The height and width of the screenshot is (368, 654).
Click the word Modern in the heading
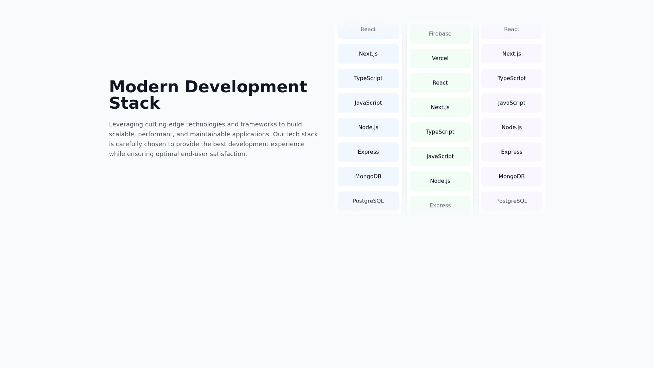(x=144, y=87)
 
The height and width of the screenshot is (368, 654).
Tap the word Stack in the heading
(x=135, y=103)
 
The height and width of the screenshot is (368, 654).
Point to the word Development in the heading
(x=246, y=87)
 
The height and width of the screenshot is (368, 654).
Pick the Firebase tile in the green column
(x=440, y=34)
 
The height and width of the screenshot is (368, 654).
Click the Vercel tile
(x=440, y=58)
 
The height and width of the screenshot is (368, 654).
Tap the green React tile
(x=440, y=83)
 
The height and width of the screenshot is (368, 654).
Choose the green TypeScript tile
(x=440, y=132)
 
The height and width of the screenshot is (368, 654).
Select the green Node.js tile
(x=440, y=181)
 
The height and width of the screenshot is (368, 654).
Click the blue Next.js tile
(x=368, y=54)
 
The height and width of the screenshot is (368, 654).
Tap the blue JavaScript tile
(x=368, y=103)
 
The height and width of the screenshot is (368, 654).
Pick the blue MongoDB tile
(x=368, y=177)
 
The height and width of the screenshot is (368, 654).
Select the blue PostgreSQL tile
(x=368, y=201)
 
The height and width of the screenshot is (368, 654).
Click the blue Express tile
(x=368, y=152)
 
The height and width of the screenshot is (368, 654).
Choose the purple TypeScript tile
(x=512, y=78)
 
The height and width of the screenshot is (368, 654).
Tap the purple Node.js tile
(x=512, y=127)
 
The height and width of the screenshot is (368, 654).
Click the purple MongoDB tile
(x=512, y=177)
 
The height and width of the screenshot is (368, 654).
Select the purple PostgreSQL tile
(x=512, y=201)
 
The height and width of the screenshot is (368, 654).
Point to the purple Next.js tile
(x=512, y=54)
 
